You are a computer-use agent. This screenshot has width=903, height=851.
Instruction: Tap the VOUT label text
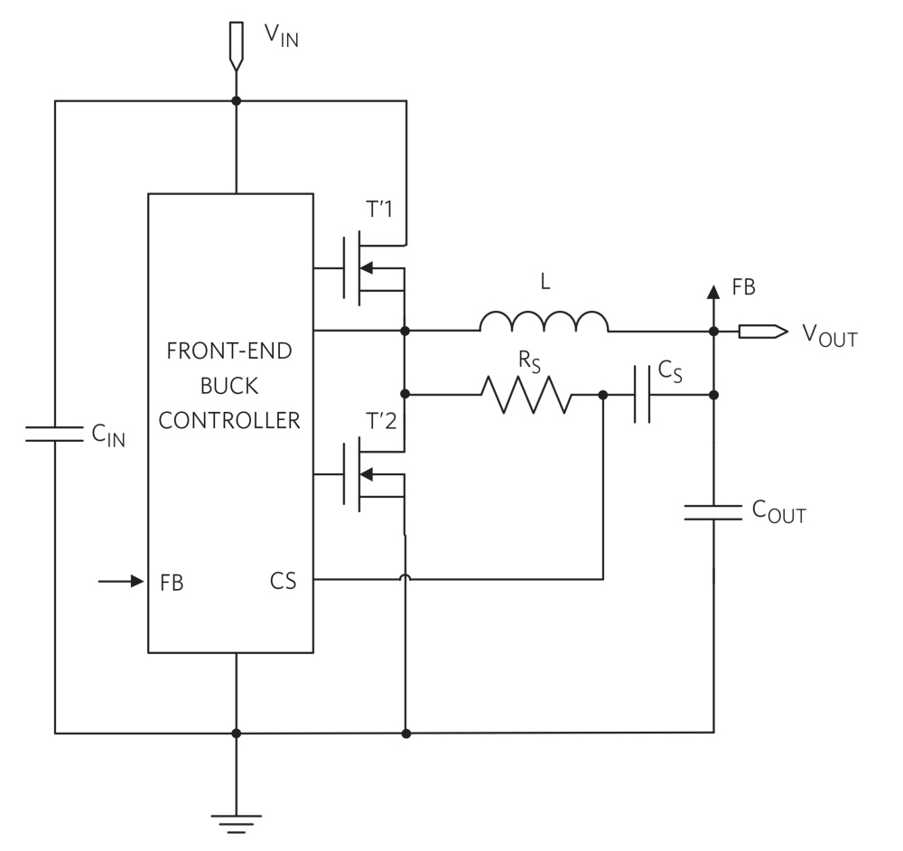click(x=829, y=335)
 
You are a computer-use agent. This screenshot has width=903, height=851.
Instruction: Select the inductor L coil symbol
click(x=544, y=322)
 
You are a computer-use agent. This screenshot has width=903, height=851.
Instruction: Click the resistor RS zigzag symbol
click(x=526, y=395)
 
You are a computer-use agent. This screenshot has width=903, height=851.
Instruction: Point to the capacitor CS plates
click(x=642, y=395)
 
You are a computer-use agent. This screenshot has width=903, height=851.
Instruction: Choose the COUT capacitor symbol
click(x=713, y=512)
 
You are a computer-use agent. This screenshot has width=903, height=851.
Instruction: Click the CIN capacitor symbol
click(x=55, y=434)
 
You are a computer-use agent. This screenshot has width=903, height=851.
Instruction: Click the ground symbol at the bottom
click(x=236, y=823)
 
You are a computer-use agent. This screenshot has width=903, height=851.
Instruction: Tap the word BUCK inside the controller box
click(x=230, y=386)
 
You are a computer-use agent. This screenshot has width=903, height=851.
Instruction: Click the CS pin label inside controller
click(x=283, y=581)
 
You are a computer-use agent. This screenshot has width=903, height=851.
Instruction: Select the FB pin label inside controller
click(x=172, y=582)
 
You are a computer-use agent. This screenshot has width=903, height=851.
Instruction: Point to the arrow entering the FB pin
click(x=122, y=581)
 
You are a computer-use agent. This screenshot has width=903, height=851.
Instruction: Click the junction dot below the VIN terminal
click(x=236, y=100)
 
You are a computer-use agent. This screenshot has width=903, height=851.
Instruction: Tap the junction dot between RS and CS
click(x=603, y=395)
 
